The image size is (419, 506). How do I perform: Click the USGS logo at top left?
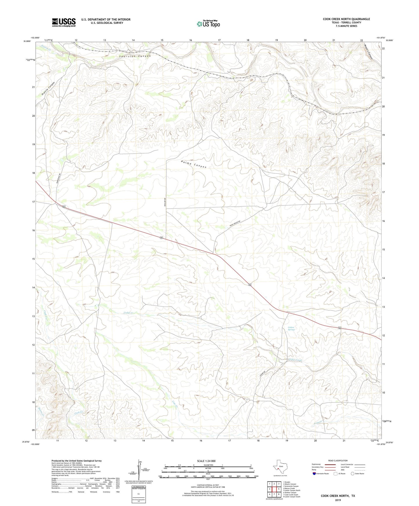64,22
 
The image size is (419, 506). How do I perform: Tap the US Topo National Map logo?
208,23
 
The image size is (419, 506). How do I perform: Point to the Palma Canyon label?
193,165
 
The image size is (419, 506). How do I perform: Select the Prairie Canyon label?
48,89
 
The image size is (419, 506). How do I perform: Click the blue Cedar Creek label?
295,360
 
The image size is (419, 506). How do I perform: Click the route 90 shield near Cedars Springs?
339,328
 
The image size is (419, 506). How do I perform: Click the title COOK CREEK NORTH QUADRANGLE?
346,19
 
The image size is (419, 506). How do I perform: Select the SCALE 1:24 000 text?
206,461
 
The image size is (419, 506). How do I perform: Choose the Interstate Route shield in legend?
314,474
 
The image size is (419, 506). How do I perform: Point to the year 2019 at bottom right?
338,500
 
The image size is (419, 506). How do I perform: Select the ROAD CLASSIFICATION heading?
338,461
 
